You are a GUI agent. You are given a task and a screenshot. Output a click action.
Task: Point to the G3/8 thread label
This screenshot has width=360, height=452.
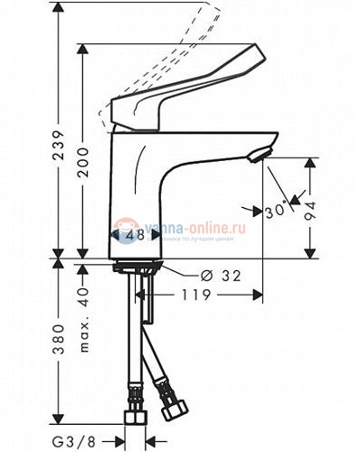pyautogui.click(x=82, y=440)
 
